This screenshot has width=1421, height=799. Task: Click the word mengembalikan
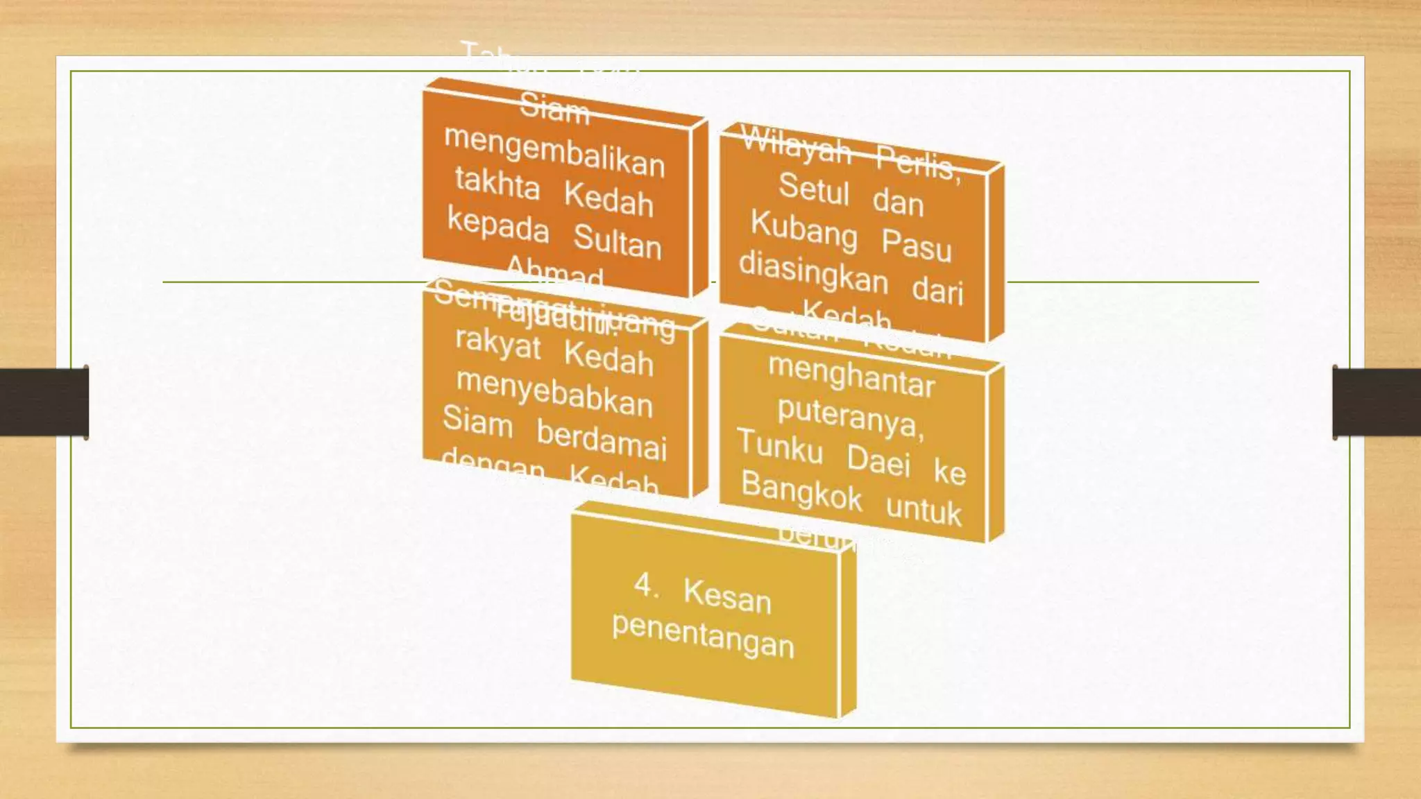(x=554, y=151)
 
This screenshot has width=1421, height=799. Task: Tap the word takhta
(x=497, y=184)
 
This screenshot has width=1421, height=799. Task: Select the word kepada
(x=498, y=225)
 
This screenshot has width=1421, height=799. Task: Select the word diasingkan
(x=813, y=272)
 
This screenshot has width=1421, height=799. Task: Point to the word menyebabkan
(x=554, y=393)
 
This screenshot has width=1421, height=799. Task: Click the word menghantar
(x=851, y=375)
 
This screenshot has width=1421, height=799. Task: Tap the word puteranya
(x=851, y=417)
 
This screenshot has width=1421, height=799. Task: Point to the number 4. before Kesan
(x=646, y=586)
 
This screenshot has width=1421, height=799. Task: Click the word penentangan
(x=703, y=635)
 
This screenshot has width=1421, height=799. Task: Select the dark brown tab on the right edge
(x=1377, y=402)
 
